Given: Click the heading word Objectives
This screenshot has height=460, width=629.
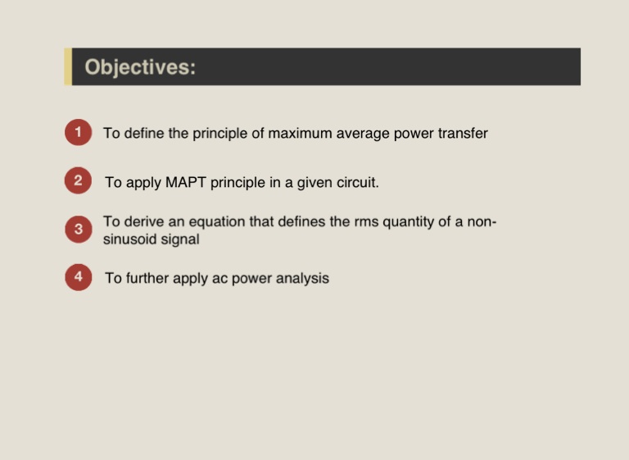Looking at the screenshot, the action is tap(140, 67).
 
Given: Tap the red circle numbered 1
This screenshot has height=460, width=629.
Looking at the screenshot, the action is tap(79, 132).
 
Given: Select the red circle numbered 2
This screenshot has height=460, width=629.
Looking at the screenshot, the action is tap(79, 180).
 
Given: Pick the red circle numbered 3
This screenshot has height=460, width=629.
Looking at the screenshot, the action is tap(79, 229).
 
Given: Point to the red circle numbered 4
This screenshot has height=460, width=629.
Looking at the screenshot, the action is tap(79, 277).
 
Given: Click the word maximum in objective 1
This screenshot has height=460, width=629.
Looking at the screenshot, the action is tap(300, 134).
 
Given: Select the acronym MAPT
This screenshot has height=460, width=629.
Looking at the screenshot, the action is tap(185, 182).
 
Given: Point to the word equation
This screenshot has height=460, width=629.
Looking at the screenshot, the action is tap(216, 222).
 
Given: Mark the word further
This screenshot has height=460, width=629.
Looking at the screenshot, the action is tap(147, 278).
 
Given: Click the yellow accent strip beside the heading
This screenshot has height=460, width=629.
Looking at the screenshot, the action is tap(68, 66).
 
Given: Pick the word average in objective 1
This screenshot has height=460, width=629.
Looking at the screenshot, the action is tap(363, 134).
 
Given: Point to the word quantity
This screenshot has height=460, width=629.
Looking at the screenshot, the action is tap(408, 222).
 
